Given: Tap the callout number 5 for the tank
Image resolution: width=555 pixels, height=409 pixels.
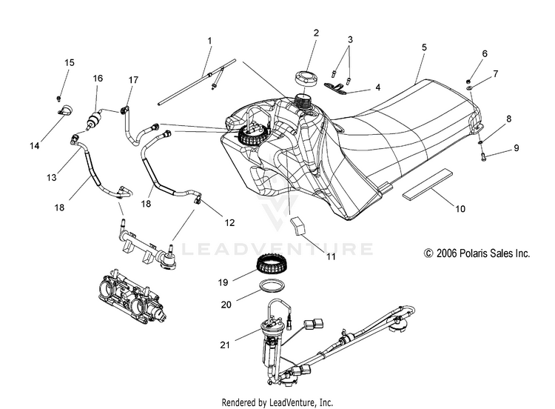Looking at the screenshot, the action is tap(424, 47).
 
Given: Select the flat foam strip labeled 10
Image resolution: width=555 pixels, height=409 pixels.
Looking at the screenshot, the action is tap(428, 183).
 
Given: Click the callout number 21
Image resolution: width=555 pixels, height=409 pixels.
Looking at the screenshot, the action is tap(225, 345).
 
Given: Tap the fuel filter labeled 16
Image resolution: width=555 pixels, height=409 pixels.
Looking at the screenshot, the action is tap(94, 119).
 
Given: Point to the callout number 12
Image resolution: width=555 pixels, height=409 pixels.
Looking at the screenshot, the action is tap(229, 222).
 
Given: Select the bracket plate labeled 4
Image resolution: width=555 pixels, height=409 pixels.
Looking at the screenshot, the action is tap(336, 88).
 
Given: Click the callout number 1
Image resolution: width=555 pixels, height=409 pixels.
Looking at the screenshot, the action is tap(209, 41).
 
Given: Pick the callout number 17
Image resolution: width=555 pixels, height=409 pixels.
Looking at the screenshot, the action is tap(133, 80).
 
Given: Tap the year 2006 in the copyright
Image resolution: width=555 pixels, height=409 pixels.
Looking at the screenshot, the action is tap(447, 253).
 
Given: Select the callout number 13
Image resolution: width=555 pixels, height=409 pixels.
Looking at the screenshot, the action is tap(52, 177).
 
